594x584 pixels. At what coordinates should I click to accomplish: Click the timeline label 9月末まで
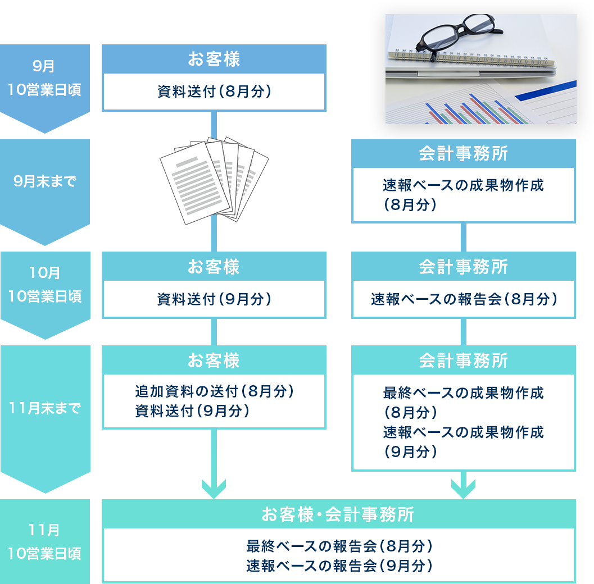click(44, 182)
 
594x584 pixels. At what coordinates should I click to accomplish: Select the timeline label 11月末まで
click(44, 408)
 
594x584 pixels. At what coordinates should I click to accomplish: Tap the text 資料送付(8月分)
click(214, 92)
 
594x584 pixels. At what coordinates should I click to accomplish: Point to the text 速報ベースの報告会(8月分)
click(463, 299)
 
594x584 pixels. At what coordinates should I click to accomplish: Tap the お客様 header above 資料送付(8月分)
click(214, 60)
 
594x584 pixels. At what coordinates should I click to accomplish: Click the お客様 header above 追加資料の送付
click(214, 360)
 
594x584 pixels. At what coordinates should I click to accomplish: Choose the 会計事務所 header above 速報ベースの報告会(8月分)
click(463, 267)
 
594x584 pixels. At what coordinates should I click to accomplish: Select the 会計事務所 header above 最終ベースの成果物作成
click(463, 360)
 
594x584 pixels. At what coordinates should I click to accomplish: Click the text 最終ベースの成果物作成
click(463, 393)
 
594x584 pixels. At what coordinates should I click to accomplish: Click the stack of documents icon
click(214, 180)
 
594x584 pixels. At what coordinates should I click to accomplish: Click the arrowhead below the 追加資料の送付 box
click(214, 489)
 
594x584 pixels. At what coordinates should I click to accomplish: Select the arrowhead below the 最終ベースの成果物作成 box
click(463, 488)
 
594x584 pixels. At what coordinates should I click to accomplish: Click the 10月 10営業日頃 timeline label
click(44, 285)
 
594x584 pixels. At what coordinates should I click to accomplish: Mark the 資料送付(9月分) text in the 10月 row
click(214, 299)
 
